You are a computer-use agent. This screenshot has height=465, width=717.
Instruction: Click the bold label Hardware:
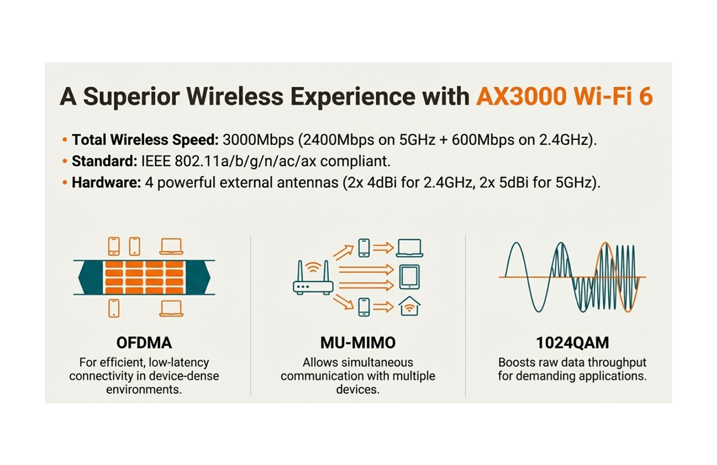[x=106, y=183]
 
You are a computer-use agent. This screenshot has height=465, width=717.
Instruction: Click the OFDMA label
[x=143, y=342]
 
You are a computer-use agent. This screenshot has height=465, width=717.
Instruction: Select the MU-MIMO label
[x=358, y=342]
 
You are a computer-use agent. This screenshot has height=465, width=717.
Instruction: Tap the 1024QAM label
[x=572, y=342]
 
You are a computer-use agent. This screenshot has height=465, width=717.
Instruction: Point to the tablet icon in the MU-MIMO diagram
[x=409, y=276]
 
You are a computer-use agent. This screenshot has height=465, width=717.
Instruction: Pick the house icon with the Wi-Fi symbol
[x=409, y=306]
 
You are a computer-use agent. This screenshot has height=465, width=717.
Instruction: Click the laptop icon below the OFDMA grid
[x=171, y=308]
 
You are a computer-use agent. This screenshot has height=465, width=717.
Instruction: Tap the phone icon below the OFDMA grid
[x=114, y=308]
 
